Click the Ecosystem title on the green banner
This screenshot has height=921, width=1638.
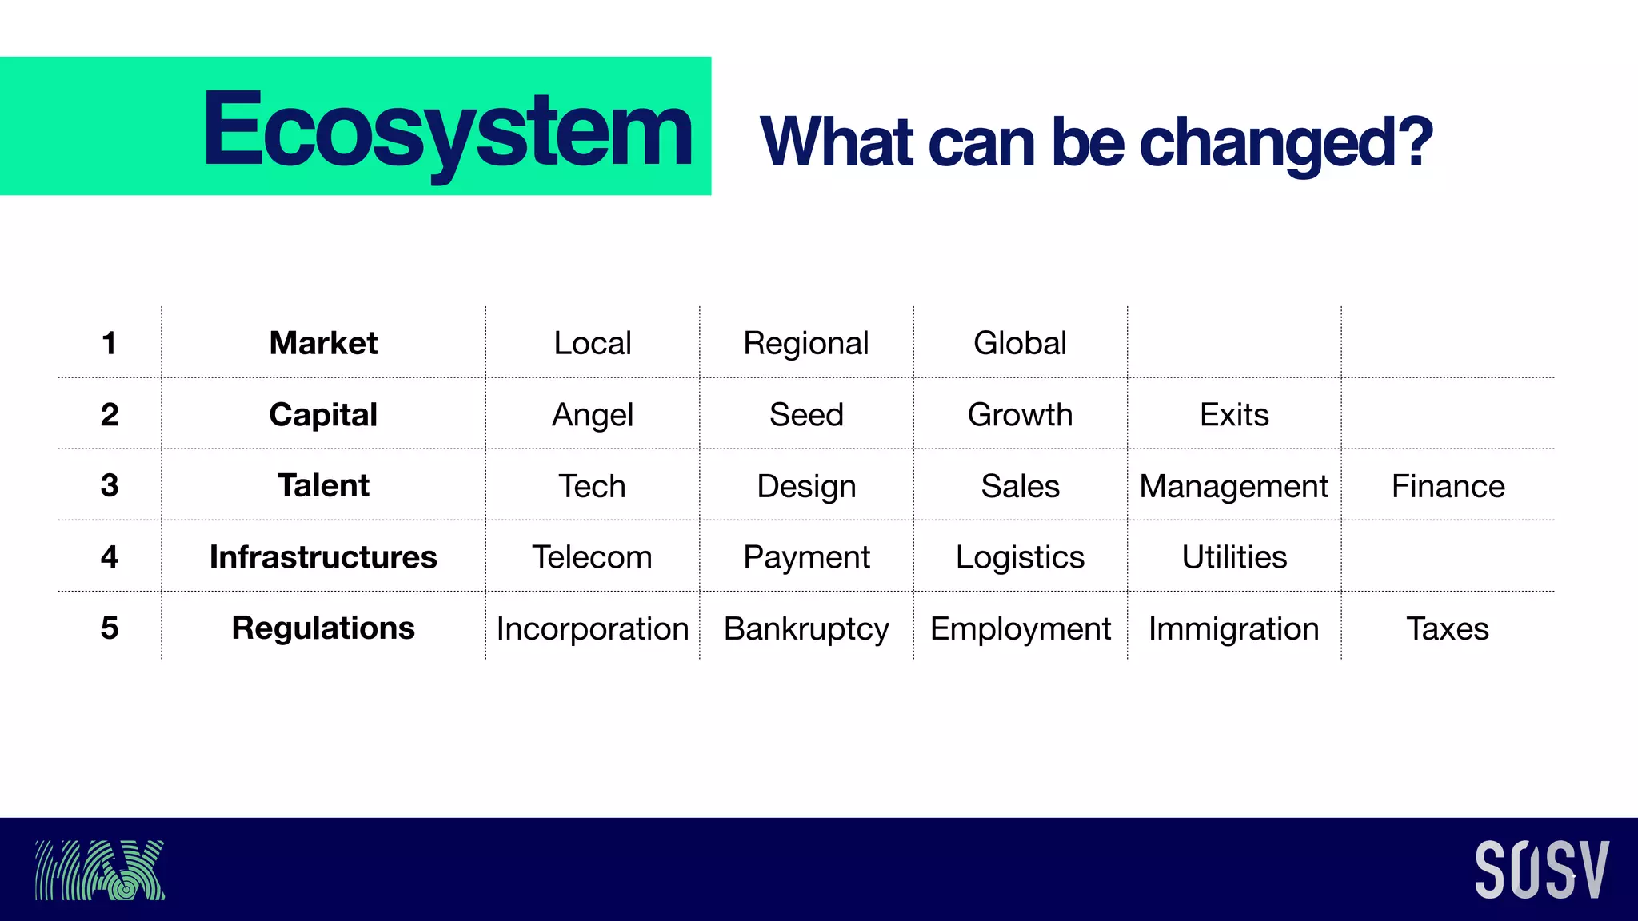click(447, 130)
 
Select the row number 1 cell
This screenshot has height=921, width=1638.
click(110, 343)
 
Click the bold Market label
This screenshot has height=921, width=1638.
click(323, 343)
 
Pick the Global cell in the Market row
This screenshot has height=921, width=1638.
click(1020, 343)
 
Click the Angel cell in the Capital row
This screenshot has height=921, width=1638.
click(592, 415)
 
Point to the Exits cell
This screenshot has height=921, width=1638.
click(1234, 415)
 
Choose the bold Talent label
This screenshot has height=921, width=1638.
click(323, 485)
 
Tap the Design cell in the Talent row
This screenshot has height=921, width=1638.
click(806, 486)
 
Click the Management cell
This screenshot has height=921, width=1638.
click(1233, 486)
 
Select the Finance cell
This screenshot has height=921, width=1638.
click(1448, 486)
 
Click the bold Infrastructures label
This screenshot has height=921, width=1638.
click(323, 556)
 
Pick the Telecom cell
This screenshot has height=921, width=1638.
click(592, 556)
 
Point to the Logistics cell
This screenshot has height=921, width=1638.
click(1020, 556)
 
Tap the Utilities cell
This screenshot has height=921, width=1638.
click(1234, 556)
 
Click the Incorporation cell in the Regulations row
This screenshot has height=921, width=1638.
click(592, 628)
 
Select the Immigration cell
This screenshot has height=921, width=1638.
click(1233, 628)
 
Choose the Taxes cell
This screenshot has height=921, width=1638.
click(1448, 628)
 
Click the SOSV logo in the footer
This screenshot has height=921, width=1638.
click(1541, 870)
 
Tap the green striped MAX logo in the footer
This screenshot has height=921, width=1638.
click(100, 870)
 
